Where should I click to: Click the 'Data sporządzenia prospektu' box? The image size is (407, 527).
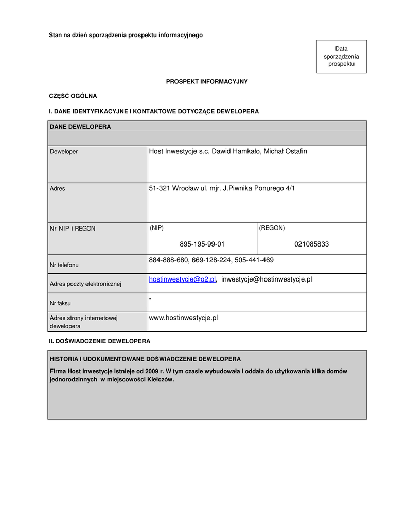pyautogui.click(x=341, y=57)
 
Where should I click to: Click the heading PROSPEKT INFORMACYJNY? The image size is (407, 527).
pyautogui.click(x=207, y=82)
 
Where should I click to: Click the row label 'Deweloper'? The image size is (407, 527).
pyautogui.click(x=64, y=152)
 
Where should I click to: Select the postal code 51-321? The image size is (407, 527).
pyautogui.click(x=160, y=189)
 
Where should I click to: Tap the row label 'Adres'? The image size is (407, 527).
pyautogui.click(x=58, y=189)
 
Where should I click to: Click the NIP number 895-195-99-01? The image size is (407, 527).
pyautogui.click(x=202, y=244)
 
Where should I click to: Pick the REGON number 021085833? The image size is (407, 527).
pyautogui.click(x=311, y=244)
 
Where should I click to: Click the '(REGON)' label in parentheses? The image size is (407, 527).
pyautogui.click(x=272, y=228)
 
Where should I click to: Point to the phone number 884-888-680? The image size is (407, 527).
pyautogui.click(x=168, y=260)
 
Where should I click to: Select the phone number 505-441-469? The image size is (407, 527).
pyautogui.click(x=254, y=260)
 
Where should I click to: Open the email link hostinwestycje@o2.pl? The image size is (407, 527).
pyautogui.click(x=182, y=279)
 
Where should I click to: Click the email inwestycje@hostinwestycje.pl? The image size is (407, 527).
pyautogui.click(x=267, y=279)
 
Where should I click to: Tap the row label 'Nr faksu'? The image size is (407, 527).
pyautogui.click(x=60, y=303)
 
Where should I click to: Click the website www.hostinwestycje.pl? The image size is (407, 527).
pyautogui.click(x=183, y=318)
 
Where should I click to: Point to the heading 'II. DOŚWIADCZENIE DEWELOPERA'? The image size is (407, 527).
pyautogui.click(x=99, y=341)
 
